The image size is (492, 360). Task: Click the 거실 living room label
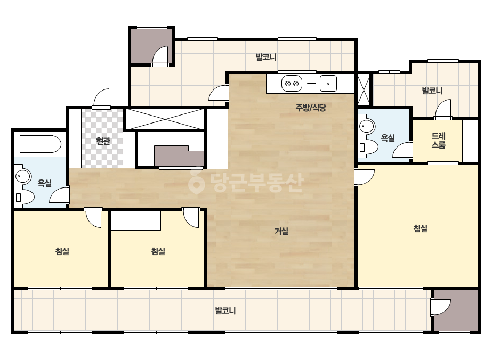(281, 231)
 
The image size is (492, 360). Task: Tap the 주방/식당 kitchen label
(311, 108)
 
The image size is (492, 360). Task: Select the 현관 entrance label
(103, 141)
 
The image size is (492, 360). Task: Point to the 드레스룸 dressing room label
(438, 140)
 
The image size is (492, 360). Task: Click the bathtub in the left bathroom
(41, 144)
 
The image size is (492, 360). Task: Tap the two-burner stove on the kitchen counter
(292, 84)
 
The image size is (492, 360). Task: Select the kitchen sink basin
(328, 84)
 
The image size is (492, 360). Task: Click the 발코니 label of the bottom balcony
(225, 310)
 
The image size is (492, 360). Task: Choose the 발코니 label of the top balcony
(266, 57)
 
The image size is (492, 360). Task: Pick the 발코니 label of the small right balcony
(432, 91)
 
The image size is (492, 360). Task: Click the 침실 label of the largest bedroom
(420, 228)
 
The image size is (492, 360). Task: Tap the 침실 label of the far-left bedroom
(62, 251)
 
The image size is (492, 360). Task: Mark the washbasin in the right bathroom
(366, 127)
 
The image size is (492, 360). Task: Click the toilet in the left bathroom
(25, 197)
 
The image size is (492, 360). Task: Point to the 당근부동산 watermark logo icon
(196, 181)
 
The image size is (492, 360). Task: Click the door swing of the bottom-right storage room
(441, 307)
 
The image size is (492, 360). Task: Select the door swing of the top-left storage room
(161, 56)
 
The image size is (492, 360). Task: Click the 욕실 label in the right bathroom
(388, 138)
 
